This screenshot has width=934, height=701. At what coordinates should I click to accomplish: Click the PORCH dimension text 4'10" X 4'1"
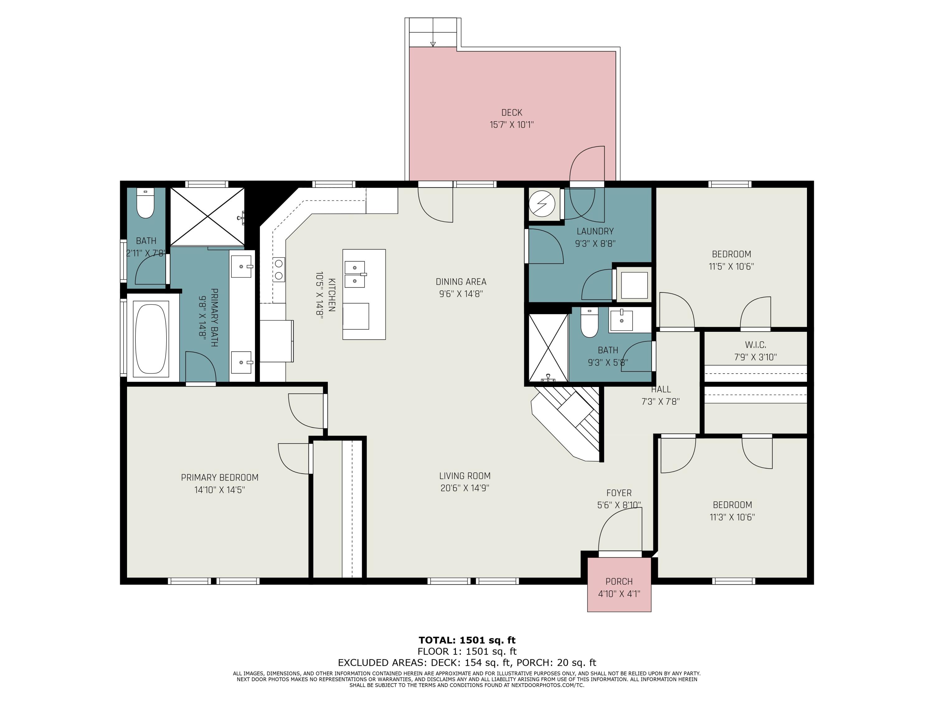pyautogui.click(x=619, y=594)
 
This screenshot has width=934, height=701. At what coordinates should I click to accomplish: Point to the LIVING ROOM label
pyautogui.click(x=465, y=476)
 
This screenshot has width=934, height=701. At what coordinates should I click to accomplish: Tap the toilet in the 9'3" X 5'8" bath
pyautogui.click(x=589, y=322)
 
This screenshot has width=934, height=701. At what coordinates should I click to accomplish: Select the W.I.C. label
pyautogui.click(x=755, y=345)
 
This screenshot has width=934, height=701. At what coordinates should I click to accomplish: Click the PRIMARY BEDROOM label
pyautogui.click(x=219, y=478)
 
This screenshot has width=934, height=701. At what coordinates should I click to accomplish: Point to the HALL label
pyautogui.click(x=661, y=389)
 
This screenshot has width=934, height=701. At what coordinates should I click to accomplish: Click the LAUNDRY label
pyautogui.click(x=595, y=231)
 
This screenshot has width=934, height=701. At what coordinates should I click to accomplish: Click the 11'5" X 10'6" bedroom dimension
pyautogui.click(x=731, y=267)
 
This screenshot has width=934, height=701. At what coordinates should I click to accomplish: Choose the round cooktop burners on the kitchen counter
pyautogui.click(x=279, y=269)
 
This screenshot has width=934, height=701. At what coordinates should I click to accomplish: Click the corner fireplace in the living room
pyautogui.click(x=566, y=422)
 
